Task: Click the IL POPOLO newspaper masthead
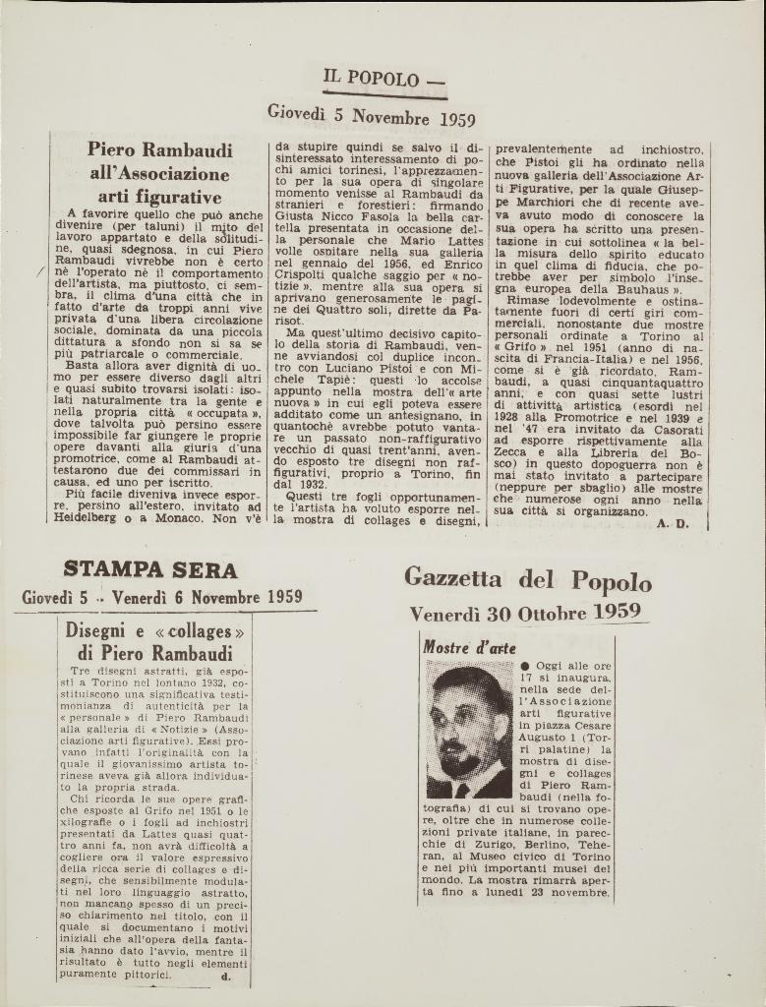(x=372, y=79)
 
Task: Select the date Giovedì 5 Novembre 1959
(x=371, y=116)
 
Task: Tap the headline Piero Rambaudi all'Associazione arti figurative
(x=159, y=172)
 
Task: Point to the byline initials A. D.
(x=673, y=523)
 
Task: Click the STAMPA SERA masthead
(x=149, y=569)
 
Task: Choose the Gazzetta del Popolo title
(x=527, y=580)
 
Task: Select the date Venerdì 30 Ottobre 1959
(x=525, y=613)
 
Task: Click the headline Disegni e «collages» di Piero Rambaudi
(x=154, y=641)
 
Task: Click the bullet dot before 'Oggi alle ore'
(x=527, y=666)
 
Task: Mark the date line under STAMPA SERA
(x=161, y=597)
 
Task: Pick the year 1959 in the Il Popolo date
(x=451, y=120)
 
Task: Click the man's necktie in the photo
(x=461, y=789)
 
